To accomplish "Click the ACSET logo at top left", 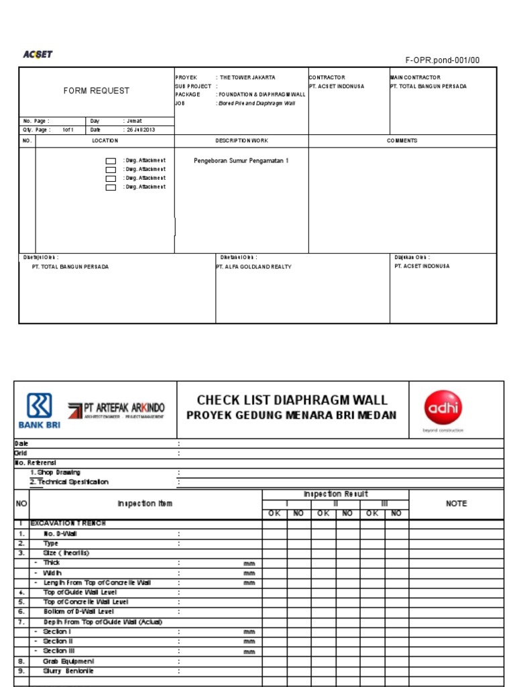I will [38, 54].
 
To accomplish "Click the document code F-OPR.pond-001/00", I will [443, 60].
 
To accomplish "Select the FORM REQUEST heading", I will [97, 91].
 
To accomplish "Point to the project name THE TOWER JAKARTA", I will [247, 78].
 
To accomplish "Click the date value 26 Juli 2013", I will [140, 129].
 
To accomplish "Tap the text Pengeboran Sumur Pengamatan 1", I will [241, 161].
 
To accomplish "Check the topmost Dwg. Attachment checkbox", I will [111, 162].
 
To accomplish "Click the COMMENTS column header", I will [402, 141].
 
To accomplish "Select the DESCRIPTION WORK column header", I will [241, 141].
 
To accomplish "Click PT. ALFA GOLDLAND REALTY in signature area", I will [253, 266].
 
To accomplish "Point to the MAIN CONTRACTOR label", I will [415, 78].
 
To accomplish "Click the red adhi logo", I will [443, 408].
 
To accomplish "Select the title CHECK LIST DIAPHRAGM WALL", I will [292, 400].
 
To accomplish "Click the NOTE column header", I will [456, 504].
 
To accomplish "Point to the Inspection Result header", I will [335, 494].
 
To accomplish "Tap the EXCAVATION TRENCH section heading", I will [68, 523].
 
